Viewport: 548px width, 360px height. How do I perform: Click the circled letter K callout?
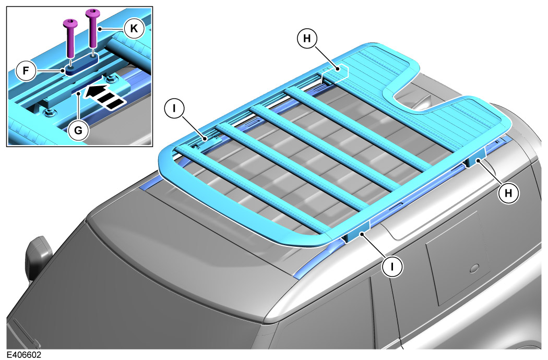point(134,29)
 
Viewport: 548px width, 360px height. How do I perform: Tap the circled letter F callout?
point(26,71)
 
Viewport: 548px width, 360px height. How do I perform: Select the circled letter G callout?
point(78,130)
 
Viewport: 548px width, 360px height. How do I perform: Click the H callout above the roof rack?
point(307,38)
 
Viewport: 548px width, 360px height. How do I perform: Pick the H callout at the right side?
point(508,193)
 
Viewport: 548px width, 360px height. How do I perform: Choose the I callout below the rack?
point(392,267)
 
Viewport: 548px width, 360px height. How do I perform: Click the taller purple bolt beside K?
point(92,28)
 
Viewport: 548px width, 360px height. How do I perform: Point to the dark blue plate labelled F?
point(82,64)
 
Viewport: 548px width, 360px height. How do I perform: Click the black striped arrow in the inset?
point(104,96)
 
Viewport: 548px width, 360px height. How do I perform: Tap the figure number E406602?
point(24,355)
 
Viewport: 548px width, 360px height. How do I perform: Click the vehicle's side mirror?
point(39,256)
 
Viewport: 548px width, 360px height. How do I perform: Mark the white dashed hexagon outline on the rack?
point(335,74)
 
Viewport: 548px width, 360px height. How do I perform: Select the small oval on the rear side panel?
point(475,268)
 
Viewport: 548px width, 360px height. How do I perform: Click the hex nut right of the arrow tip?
point(112,78)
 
